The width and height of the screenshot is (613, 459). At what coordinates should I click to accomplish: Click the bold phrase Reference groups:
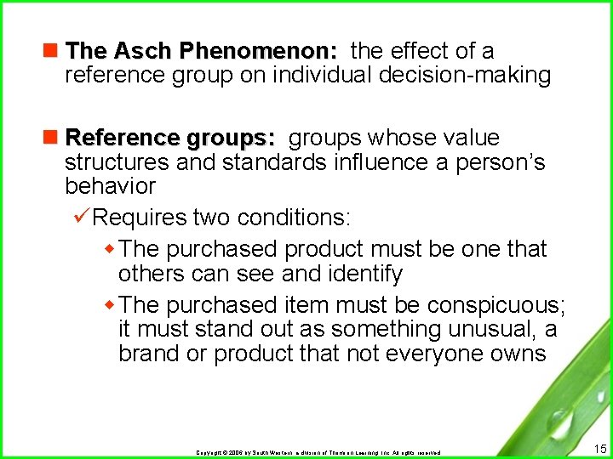tap(170, 138)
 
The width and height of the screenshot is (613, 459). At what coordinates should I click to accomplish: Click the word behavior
tap(110, 185)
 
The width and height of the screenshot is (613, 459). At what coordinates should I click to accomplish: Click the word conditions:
tap(294, 218)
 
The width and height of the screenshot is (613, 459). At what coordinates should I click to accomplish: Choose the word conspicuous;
tap(497, 304)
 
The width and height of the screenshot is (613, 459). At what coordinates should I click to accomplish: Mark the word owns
tap(518, 353)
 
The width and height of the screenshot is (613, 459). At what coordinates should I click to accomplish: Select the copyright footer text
tap(318, 452)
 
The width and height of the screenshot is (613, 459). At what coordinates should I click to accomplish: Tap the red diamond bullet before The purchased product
tap(109, 249)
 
